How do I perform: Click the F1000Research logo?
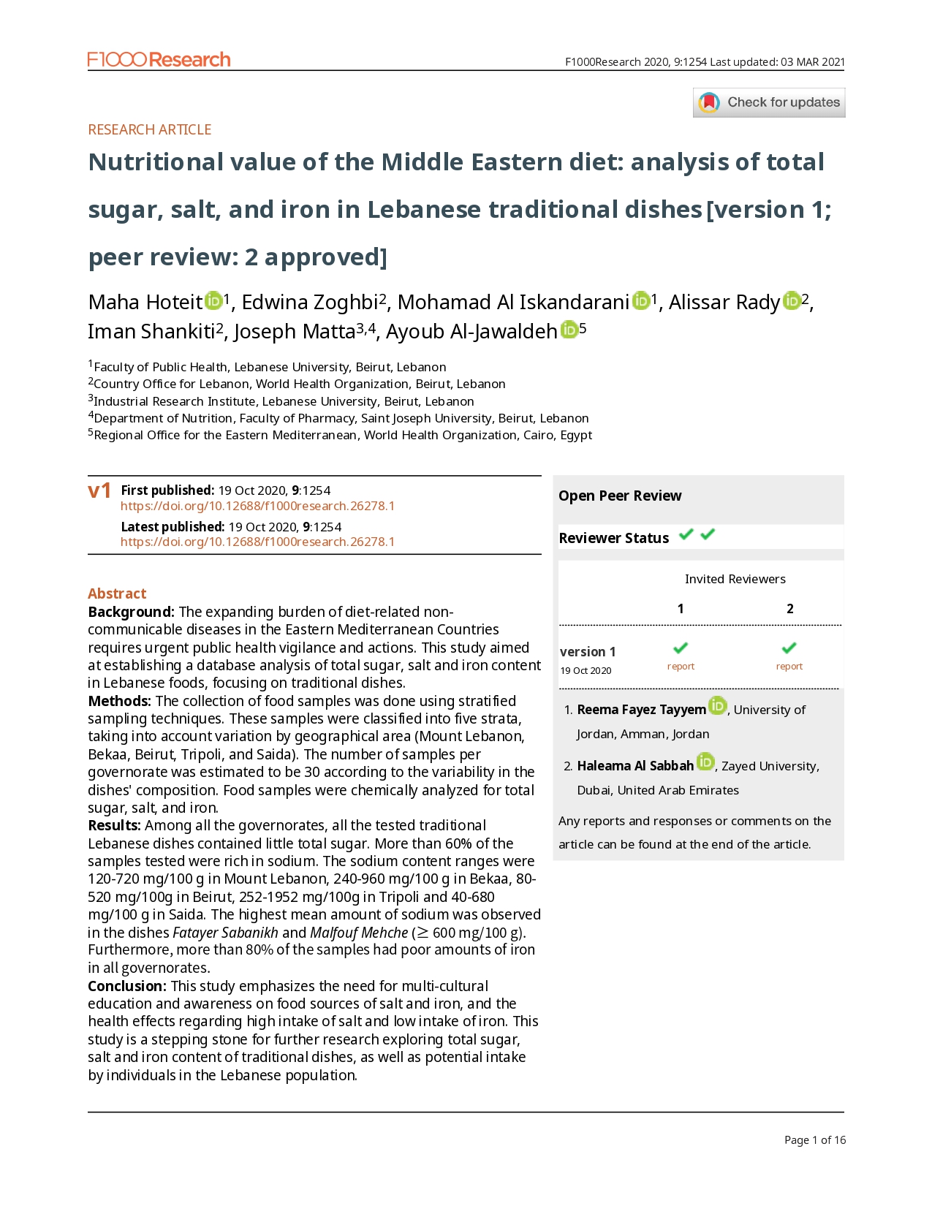click(159, 60)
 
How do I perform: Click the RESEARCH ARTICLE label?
click(149, 129)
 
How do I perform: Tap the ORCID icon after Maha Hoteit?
click(213, 300)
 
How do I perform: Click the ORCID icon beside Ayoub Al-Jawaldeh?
click(569, 330)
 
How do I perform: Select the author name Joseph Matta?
click(294, 332)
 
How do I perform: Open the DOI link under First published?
click(257, 506)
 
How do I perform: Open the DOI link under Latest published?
click(257, 542)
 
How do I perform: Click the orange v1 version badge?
click(99, 490)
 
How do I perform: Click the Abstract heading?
click(117, 593)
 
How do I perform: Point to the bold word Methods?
click(119, 701)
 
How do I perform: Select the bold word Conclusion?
click(127, 986)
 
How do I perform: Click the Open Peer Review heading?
click(620, 496)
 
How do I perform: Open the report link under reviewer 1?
click(681, 666)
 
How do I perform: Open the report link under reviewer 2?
click(789, 666)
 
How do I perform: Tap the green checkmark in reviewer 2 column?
click(789, 648)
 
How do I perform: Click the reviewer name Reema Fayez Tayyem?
click(641, 710)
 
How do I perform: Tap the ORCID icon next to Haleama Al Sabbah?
click(705, 762)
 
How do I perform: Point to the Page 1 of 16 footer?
click(814, 1139)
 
